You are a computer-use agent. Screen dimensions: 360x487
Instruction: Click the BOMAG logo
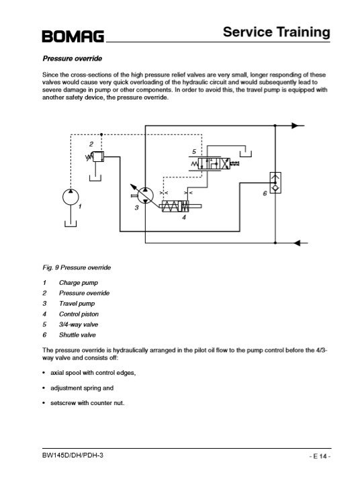(x=73, y=36)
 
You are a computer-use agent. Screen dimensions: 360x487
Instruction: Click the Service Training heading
(x=277, y=32)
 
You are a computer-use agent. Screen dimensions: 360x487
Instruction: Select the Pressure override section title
(x=73, y=58)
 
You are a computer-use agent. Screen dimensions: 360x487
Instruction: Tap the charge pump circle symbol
(x=71, y=197)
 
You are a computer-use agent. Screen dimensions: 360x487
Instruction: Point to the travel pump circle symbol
(x=145, y=195)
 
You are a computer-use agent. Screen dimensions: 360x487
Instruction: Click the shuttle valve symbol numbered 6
(x=275, y=183)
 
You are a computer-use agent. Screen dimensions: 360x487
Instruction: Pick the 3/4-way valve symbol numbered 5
(x=214, y=163)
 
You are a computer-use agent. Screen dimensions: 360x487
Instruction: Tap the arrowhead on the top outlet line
(x=295, y=126)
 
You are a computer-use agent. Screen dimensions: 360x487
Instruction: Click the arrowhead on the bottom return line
(x=297, y=243)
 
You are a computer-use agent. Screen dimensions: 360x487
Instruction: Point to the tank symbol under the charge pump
(x=71, y=224)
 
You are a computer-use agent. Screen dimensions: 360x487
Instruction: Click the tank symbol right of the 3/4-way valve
(x=246, y=154)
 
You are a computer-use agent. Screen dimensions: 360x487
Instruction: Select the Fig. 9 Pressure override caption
(x=77, y=267)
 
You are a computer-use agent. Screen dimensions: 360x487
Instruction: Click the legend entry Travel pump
(x=77, y=304)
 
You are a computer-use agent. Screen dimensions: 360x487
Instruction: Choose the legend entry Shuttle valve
(x=77, y=335)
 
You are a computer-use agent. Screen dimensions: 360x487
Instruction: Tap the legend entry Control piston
(x=79, y=314)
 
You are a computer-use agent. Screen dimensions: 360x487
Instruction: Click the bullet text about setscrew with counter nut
(x=87, y=403)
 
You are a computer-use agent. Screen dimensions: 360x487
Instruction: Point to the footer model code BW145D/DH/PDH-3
(x=73, y=455)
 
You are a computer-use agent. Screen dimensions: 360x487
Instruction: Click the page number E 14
(x=320, y=456)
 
